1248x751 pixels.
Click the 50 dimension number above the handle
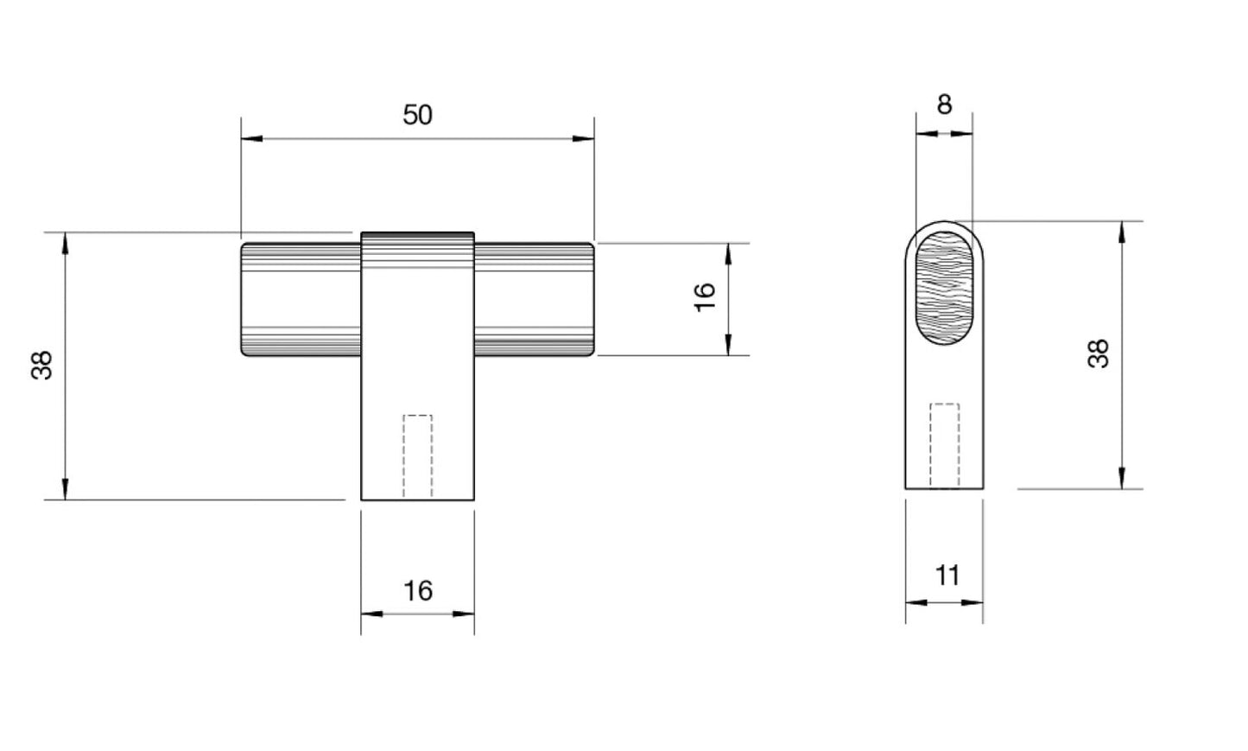tap(417, 115)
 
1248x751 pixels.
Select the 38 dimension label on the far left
tap(42, 365)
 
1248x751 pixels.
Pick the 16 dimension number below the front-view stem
tap(418, 591)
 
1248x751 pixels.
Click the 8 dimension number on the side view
tap(944, 105)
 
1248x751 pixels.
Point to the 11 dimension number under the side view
tap(947, 576)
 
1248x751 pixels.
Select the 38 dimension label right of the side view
tap(1098, 354)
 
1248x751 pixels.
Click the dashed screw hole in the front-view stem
tap(418, 456)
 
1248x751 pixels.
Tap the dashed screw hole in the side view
tap(944, 445)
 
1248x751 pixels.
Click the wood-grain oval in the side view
tap(944, 287)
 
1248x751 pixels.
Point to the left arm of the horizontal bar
tap(300, 299)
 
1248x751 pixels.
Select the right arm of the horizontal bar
tap(534, 299)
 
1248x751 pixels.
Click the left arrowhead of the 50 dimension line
tap(251, 138)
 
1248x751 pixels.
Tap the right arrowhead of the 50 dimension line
tap(584, 138)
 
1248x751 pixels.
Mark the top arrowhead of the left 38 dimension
tap(65, 243)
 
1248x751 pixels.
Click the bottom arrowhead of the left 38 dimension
tap(65, 489)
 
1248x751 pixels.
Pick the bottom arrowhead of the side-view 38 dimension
tap(1122, 478)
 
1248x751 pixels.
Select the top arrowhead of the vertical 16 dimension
tap(728, 254)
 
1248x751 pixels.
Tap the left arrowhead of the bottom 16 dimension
tap(371, 614)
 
